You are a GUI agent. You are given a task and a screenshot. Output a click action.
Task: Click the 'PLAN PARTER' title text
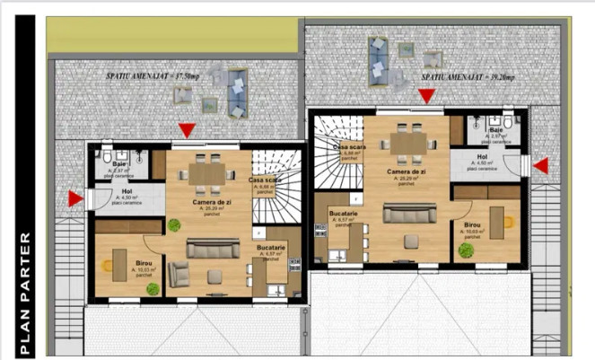tap(25, 295)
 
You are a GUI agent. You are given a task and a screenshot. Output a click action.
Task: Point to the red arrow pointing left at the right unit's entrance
tap(541, 165)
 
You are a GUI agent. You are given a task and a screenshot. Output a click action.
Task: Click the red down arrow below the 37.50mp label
tap(186, 131)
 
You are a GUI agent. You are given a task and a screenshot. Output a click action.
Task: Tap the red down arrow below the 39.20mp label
tap(428, 96)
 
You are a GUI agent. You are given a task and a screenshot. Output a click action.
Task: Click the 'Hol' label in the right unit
tap(482, 156)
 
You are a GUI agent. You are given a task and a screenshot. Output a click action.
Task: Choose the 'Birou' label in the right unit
tap(473, 224)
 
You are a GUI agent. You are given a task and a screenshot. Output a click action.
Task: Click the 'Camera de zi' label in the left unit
tap(210, 203)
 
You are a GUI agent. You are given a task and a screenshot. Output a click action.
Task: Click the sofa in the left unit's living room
tap(213, 248)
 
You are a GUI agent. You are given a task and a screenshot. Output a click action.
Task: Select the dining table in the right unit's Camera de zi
tap(407, 143)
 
